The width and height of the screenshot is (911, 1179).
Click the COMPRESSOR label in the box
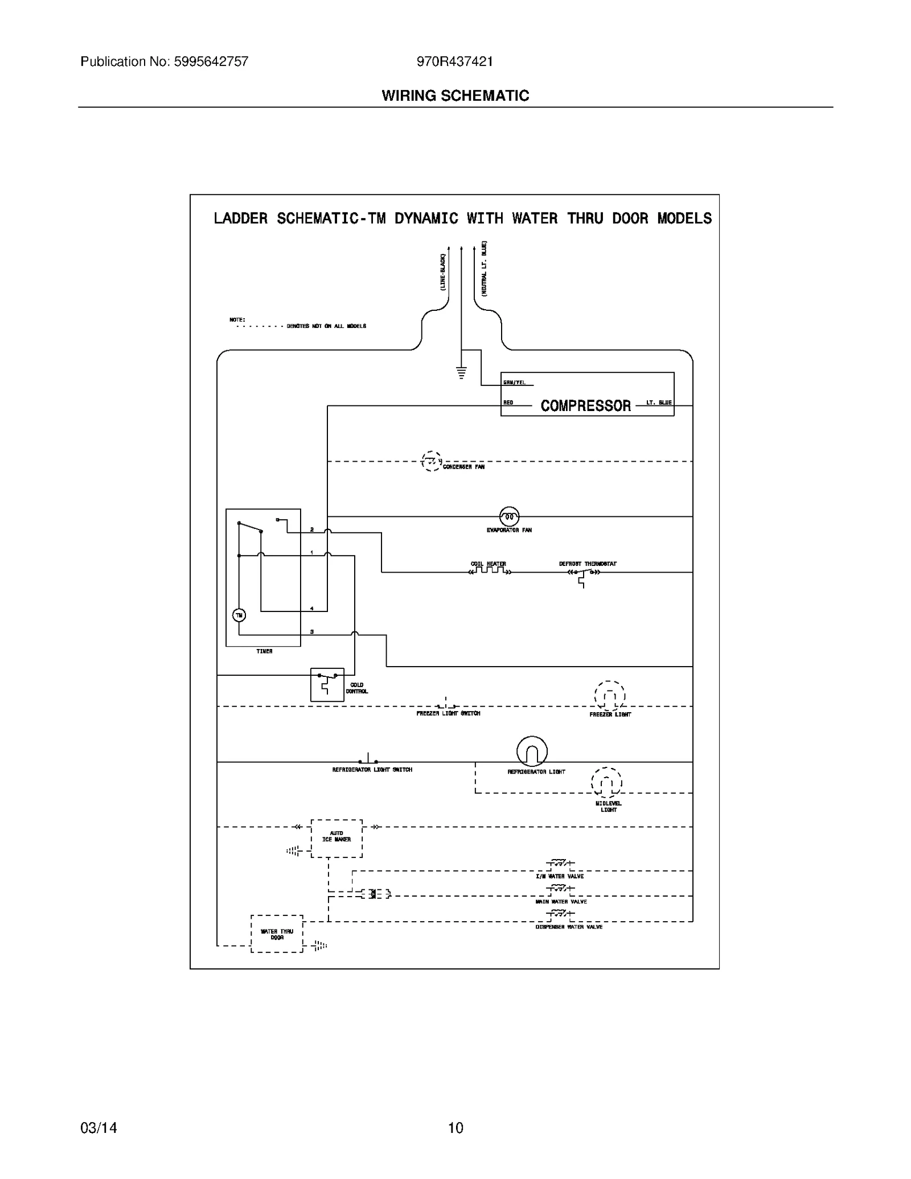585,405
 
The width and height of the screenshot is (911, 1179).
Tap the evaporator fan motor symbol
509,516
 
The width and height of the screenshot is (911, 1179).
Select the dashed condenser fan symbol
431,461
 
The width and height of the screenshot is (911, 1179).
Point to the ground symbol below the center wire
461,373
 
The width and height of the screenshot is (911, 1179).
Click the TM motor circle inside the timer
239,615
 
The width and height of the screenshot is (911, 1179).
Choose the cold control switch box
327,684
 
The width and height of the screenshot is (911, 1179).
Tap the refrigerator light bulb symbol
532,751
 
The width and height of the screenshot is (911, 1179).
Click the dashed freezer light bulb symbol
610,696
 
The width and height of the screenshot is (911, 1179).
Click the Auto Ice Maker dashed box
337,838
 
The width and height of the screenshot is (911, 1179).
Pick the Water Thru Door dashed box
277,934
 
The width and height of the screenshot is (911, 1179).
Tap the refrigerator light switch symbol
368,760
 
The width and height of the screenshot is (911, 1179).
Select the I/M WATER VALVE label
559,876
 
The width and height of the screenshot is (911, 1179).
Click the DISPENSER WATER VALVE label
568,927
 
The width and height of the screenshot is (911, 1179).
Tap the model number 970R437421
454,61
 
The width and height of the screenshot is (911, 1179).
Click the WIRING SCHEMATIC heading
455,96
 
